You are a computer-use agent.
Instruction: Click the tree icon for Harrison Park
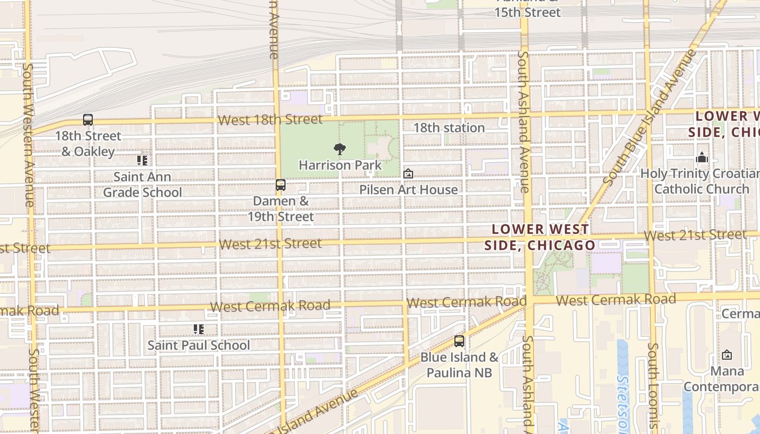click(340, 149)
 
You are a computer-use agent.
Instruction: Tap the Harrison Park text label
click(340, 165)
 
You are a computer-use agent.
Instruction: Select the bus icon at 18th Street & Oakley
click(88, 120)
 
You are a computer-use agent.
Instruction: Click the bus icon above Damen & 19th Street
click(281, 185)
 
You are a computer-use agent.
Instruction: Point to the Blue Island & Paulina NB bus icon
click(459, 341)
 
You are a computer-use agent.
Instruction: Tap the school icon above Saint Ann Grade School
click(142, 161)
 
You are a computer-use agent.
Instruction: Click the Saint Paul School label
click(199, 345)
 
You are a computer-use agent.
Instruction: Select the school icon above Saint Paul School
click(199, 329)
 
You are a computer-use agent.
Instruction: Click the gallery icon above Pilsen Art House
click(408, 174)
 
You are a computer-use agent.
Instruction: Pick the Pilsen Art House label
click(408, 189)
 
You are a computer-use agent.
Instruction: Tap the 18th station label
click(449, 128)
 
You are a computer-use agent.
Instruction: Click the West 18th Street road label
click(270, 119)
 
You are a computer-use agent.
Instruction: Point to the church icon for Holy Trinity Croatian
click(702, 158)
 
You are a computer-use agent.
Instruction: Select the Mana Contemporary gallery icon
click(727, 355)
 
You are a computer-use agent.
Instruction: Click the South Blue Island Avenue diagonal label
click(649, 117)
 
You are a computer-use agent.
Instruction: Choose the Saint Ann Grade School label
click(142, 184)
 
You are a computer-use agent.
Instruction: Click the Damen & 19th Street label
click(281, 209)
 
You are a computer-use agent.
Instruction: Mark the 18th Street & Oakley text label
click(88, 143)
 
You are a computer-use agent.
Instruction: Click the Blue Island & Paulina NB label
click(459, 365)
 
